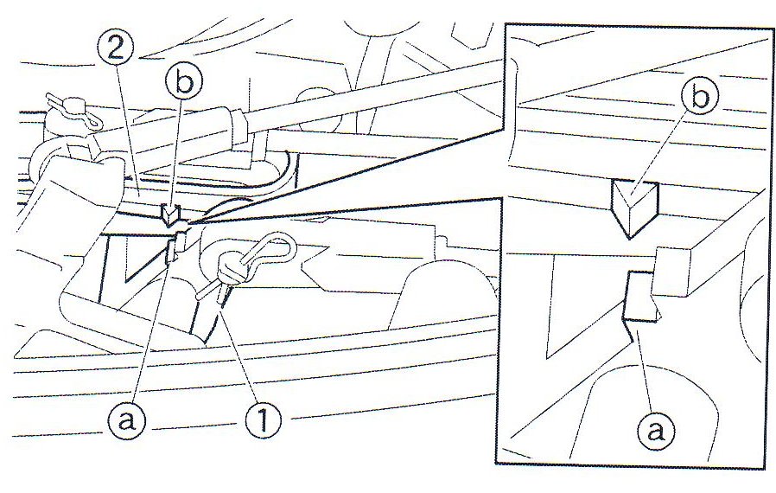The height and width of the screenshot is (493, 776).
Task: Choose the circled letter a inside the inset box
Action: point(656,430)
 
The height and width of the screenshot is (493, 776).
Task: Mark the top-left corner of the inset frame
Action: point(505,23)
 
